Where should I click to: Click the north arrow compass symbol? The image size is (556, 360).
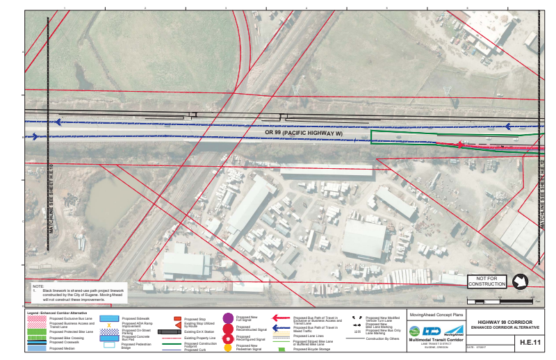(519, 282)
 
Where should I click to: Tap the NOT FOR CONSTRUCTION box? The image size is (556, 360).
(486, 281)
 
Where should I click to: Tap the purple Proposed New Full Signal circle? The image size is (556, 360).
(228, 318)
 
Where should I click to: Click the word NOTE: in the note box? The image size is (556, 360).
(38, 286)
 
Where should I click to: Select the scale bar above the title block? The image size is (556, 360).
(502, 301)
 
